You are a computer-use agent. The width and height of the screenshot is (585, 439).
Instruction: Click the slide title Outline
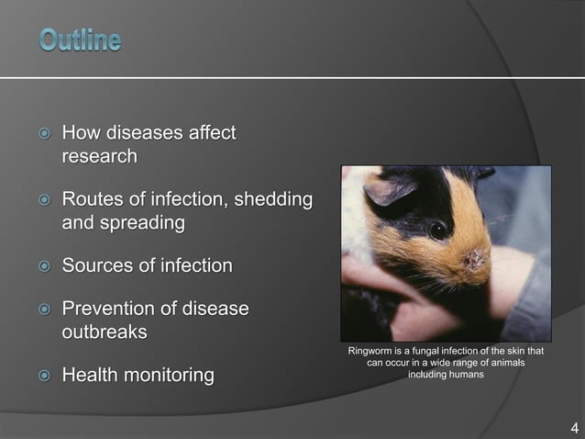tap(80, 40)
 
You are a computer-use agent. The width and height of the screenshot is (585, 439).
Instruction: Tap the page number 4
tap(574, 428)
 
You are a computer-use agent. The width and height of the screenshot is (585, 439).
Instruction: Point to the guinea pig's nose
tap(476, 260)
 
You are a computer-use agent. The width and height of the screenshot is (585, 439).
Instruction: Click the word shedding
tap(272, 199)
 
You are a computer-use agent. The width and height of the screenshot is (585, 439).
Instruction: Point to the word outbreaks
tap(105, 332)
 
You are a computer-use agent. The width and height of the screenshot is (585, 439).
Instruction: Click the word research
tap(99, 157)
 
